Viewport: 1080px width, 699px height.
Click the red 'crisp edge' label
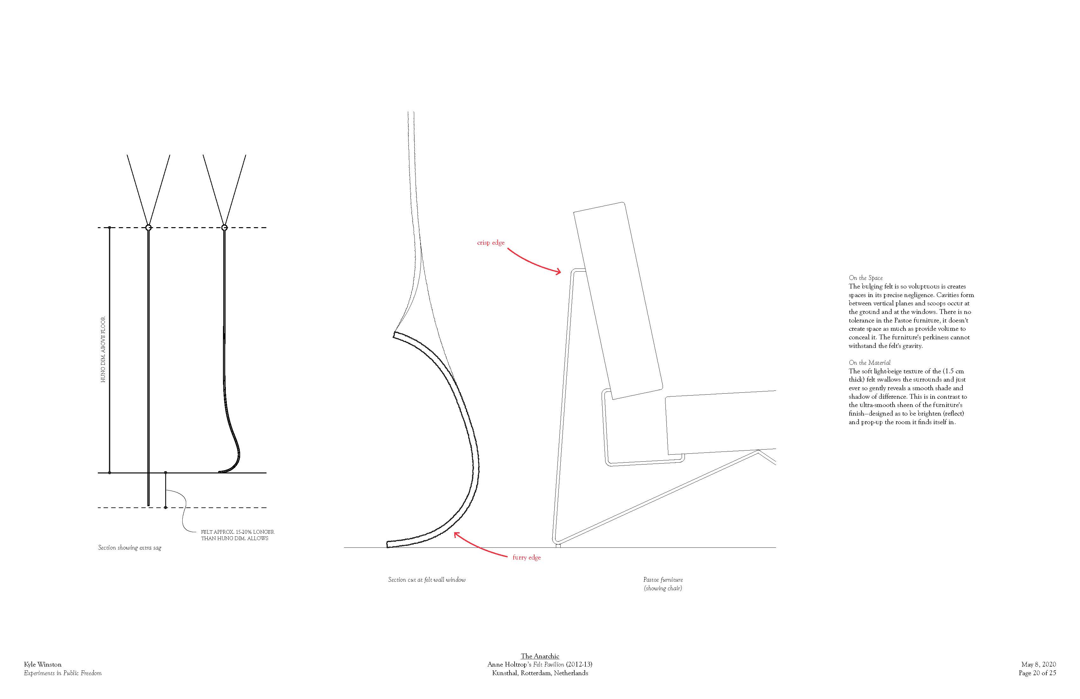490,243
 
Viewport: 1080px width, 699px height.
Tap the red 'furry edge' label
526,557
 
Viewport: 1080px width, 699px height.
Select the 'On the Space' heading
865,278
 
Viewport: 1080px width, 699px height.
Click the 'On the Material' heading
869,363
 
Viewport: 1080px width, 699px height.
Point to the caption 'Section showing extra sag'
130,548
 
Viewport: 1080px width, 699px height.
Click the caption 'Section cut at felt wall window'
427,580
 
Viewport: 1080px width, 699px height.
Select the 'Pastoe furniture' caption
663,580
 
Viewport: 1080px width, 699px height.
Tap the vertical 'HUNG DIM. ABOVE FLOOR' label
103,349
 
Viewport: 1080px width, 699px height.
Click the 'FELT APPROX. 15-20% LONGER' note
237,532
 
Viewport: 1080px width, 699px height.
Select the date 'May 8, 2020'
1038,664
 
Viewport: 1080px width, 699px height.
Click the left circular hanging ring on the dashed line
148,227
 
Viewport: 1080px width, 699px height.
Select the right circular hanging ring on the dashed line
224,227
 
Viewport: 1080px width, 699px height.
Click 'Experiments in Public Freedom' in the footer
63,673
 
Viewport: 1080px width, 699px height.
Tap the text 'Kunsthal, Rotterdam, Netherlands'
540,673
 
